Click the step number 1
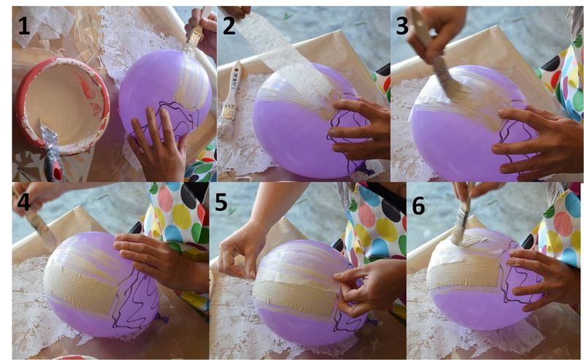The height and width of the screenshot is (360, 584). (x=23, y=26)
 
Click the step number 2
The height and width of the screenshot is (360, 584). (x=229, y=26)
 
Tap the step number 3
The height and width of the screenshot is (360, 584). (x=402, y=26)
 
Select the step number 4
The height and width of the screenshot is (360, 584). (x=23, y=202)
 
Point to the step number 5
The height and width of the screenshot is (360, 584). (x=221, y=202)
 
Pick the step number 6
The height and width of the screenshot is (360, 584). (x=418, y=205)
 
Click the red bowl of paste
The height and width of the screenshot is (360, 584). (x=62, y=105)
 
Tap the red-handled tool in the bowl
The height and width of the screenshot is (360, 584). (x=51, y=153)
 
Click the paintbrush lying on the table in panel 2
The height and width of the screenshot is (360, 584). (x=229, y=101)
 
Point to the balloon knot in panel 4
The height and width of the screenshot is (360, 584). (x=162, y=318)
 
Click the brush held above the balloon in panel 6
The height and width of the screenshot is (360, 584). (x=462, y=218)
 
